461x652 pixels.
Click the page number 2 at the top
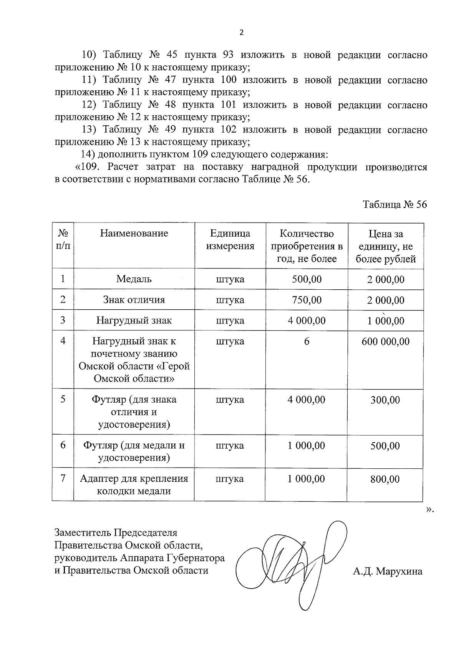(241, 33)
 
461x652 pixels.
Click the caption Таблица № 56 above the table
(395, 204)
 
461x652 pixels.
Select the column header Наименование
(134, 233)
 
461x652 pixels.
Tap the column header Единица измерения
(230, 240)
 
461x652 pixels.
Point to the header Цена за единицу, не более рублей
(386, 246)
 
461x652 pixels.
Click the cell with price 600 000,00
(386, 342)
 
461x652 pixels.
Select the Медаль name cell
(134, 279)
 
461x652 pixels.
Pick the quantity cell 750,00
(307, 300)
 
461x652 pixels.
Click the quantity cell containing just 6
(307, 342)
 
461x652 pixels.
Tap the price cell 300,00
(385, 400)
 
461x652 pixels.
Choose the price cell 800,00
(385, 479)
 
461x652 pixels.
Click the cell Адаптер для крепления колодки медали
(134, 484)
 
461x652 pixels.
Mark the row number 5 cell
(63, 400)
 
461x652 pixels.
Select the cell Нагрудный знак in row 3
(134, 320)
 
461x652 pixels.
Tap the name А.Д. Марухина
(388, 571)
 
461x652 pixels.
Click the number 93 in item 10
(228, 55)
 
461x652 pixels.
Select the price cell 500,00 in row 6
(385, 446)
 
